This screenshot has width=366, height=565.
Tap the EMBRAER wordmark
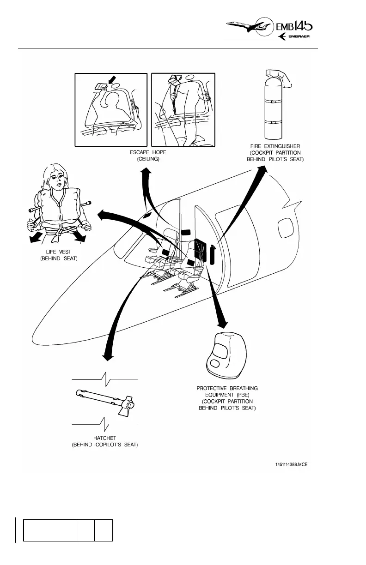(x=303, y=37)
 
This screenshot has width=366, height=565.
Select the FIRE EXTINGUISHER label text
(x=276, y=146)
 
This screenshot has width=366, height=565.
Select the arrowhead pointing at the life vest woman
(x=101, y=214)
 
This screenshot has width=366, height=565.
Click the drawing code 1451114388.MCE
(x=288, y=464)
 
